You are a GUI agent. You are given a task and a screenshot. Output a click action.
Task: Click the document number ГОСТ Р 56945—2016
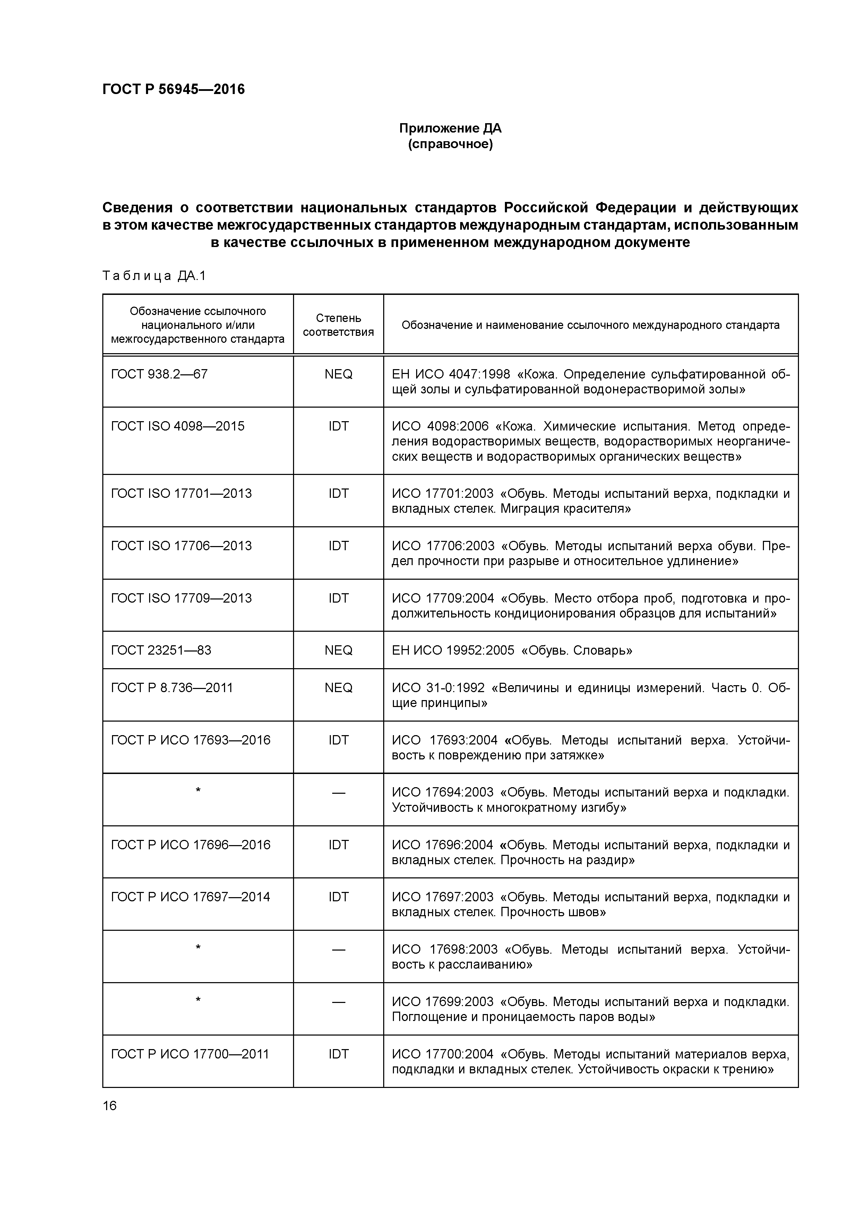[x=173, y=89]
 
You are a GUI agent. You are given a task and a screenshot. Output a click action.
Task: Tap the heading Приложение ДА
[x=450, y=128]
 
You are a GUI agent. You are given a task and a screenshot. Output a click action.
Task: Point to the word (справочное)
[x=450, y=144]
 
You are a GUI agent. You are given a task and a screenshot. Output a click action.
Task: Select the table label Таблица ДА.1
[x=154, y=275]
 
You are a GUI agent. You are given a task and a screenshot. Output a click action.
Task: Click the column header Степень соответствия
[x=338, y=324]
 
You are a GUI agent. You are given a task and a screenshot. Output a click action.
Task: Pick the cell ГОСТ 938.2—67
[x=159, y=374]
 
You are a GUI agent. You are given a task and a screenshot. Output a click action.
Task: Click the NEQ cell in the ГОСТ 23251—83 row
[x=338, y=650]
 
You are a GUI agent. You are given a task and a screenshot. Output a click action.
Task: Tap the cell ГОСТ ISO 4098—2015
[x=178, y=426]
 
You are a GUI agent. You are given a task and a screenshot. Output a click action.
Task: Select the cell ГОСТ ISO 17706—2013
[x=181, y=546]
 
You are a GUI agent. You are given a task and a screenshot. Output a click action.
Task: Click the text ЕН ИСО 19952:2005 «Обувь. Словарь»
[x=512, y=650]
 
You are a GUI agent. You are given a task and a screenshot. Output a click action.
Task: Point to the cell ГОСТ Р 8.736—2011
[x=172, y=688]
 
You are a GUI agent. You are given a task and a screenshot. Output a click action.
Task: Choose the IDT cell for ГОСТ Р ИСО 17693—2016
[x=338, y=740]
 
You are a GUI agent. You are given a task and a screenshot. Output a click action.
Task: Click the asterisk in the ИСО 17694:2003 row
[x=198, y=791]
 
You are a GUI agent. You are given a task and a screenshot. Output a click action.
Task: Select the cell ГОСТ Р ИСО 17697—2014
[x=190, y=897]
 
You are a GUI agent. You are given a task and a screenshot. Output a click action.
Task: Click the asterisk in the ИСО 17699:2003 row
[x=198, y=1000]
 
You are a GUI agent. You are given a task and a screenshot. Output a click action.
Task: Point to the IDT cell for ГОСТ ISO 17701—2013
[x=338, y=493]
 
